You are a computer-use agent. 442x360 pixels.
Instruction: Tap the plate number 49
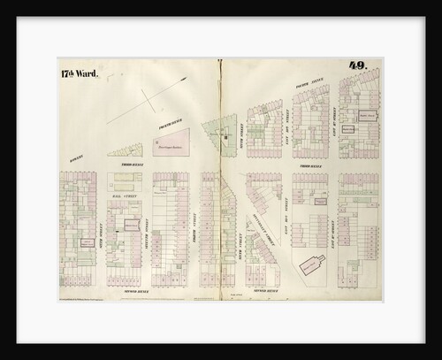(358, 65)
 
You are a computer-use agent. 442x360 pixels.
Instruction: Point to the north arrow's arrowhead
(185, 80)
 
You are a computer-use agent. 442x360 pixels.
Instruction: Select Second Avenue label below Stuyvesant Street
(265, 288)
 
